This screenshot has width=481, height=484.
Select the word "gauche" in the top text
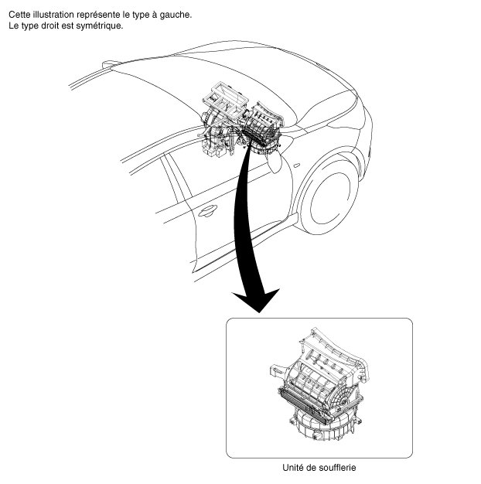click(x=175, y=15)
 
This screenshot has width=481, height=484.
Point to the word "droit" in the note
click(x=50, y=26)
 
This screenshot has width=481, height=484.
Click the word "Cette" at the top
click(x=19, y=15)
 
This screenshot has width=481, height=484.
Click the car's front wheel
click(x=329, y=201)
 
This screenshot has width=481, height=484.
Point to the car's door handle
click(x=207, y=211)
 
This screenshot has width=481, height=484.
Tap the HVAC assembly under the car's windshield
click(x=240, y=121)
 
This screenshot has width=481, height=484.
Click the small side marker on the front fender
click(x=296, y=165)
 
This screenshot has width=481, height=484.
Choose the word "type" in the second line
click(x=30, y=26)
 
